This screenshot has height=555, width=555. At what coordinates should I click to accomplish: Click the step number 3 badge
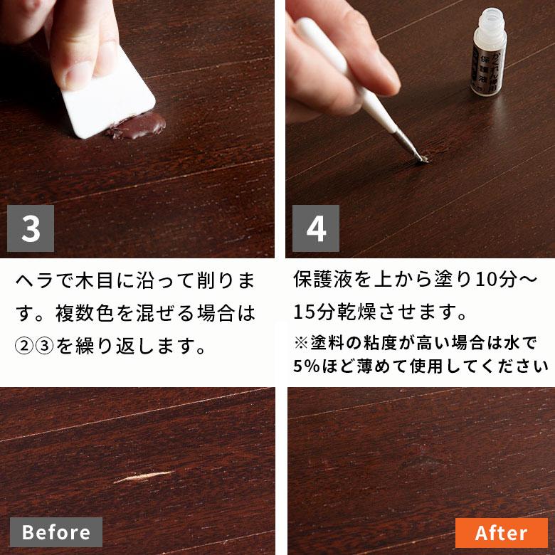point(31,228)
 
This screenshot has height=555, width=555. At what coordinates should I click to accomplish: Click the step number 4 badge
point(315,228)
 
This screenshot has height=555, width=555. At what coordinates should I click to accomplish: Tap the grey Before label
point(55,532)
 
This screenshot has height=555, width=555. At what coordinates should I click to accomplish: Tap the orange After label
point(501,533)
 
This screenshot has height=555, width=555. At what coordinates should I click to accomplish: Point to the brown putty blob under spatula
point(139,126)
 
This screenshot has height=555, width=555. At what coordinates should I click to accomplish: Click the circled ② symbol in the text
point(23,347)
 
